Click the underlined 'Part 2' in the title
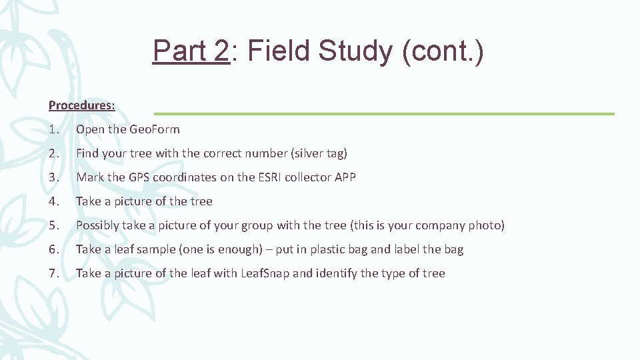pos(191,51)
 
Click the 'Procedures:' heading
pos(81,105)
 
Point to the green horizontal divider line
pos(384,114)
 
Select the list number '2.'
pos(54,153)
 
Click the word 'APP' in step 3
pos(344,177)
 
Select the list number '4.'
pos(54,201)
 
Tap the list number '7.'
pos(54,273)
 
